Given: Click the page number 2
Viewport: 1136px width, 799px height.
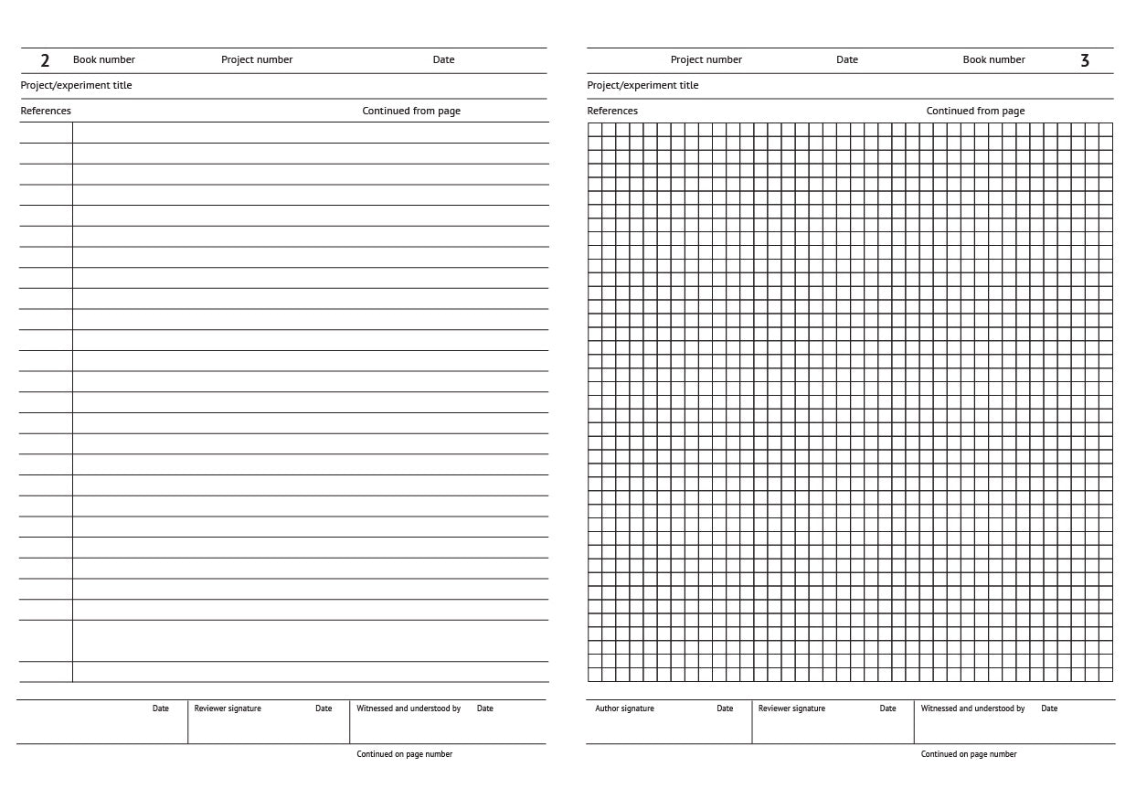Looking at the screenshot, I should tap(45, 61).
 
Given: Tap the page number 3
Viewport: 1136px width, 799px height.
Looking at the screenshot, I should tap(1085, 61).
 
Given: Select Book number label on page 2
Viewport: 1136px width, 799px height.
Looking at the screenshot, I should tap(104, 59).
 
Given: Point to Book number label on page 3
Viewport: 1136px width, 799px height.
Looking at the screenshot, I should tap(993, 59).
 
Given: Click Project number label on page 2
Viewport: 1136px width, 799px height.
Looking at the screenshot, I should tap(257, 59).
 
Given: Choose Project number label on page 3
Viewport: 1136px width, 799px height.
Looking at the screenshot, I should tap(706, 59).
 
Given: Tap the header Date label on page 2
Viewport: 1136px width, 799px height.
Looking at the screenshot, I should tap(443, 59).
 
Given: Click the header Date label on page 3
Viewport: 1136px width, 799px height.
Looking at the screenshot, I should tap(846, 59).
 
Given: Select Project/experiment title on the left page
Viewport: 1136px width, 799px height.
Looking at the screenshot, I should tap(76, 85).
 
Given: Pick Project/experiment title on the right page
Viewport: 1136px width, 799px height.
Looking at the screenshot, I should tap(642, 85).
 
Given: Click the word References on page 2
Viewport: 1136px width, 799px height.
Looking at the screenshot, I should tap(46, 111).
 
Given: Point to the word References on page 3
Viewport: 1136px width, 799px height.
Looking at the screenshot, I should tap(612, 111).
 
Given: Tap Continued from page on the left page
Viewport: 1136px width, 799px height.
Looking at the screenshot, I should tap(411, 111).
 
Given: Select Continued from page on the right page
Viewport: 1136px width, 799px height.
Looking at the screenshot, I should tap(975, 111).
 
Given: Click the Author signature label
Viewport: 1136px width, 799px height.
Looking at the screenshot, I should tap(624, 708).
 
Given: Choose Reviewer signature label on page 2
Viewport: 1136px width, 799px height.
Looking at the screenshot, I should tap(228, 708).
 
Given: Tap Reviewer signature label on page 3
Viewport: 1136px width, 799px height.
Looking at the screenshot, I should tap(791, 708).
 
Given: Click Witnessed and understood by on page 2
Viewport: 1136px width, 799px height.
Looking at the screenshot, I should tap(409, 708).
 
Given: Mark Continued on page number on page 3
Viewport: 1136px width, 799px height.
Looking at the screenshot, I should tap(969, 754).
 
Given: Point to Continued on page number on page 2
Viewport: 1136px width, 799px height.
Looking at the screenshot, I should tap(404, 754).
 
